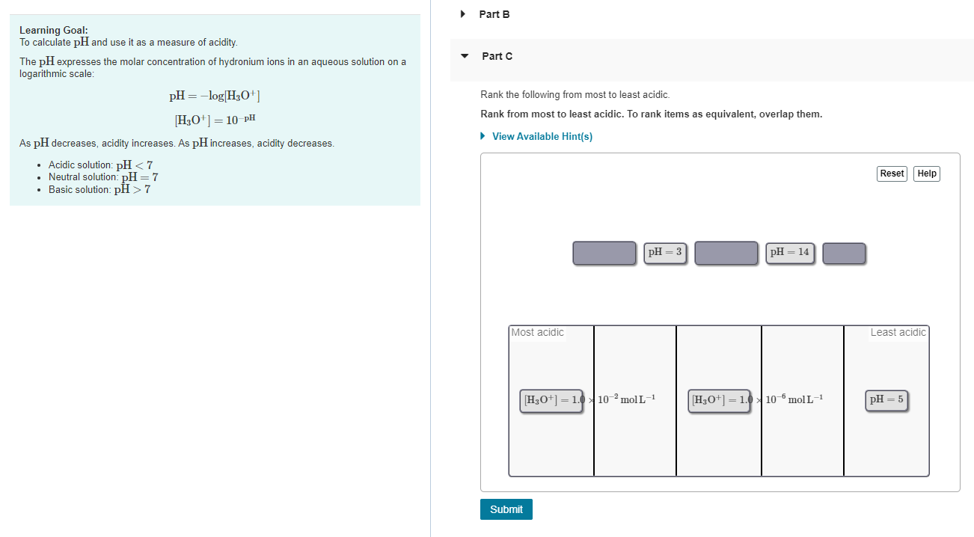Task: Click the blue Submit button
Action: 506,509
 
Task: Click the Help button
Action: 927,174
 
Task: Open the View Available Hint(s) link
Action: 542,136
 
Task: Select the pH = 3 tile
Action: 665,252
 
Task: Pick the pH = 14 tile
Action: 789,252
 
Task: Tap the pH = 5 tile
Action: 886,399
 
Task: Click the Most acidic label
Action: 537,332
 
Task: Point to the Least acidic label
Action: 898,332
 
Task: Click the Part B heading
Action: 494,14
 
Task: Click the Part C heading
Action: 497,56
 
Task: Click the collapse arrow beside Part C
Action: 465,56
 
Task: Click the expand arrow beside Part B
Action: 463,14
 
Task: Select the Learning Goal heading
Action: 54,30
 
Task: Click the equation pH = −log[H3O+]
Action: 215,96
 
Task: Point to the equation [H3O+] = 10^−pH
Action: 215,119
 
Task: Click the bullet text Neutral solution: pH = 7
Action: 103,177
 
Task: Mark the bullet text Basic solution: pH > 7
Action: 99,189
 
